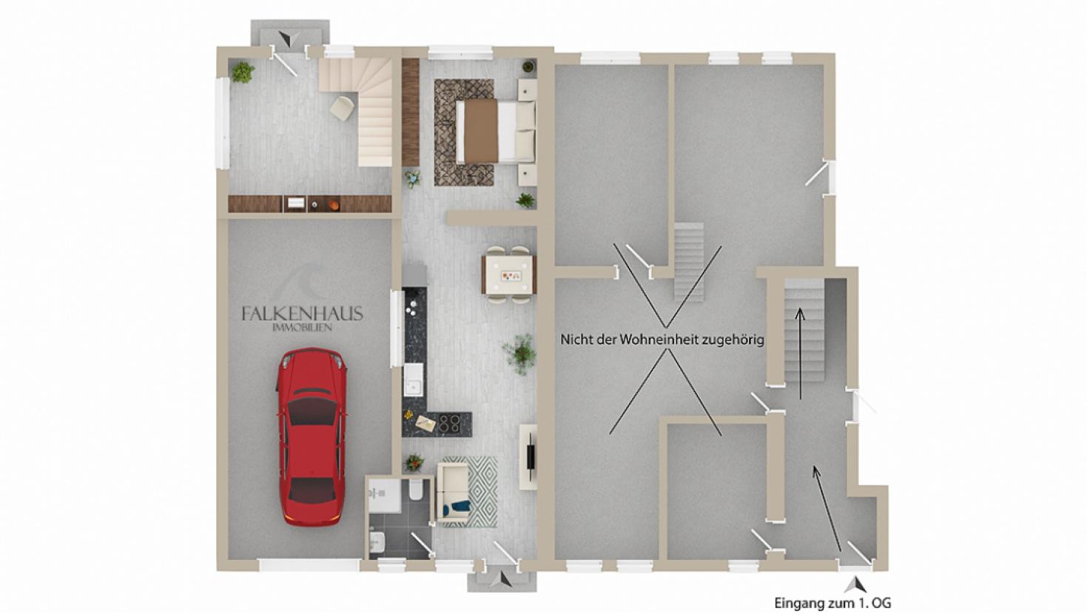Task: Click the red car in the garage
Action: (x=312, y=436)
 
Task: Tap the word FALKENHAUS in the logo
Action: (x=303, y=314)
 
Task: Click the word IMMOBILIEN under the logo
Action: (x=303, y=328)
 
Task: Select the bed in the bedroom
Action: (x=495, y=132)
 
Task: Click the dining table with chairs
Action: (x=508, y=275)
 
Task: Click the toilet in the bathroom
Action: (x=416, y=490)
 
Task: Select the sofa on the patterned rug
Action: (x=454, y=492)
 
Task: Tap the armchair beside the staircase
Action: (x=342, y=108)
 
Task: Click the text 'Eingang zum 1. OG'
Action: (x=832, y=604)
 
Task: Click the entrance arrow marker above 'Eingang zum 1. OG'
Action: (x=855, y=584)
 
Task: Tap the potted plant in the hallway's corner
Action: (x=242, y=72)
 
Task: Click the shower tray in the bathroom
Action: (x=384, y=495)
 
